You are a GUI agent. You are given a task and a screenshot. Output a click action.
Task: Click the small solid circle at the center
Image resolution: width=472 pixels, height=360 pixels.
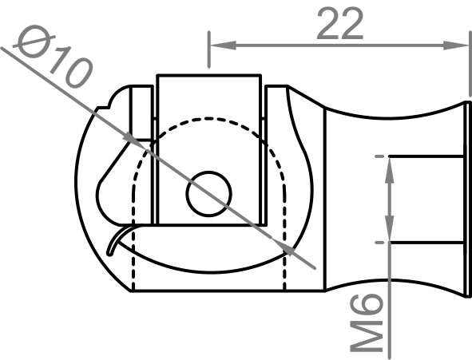tap(209, 192)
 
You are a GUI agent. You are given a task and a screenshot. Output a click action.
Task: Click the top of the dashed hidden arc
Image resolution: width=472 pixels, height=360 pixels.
tap(209, 120)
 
